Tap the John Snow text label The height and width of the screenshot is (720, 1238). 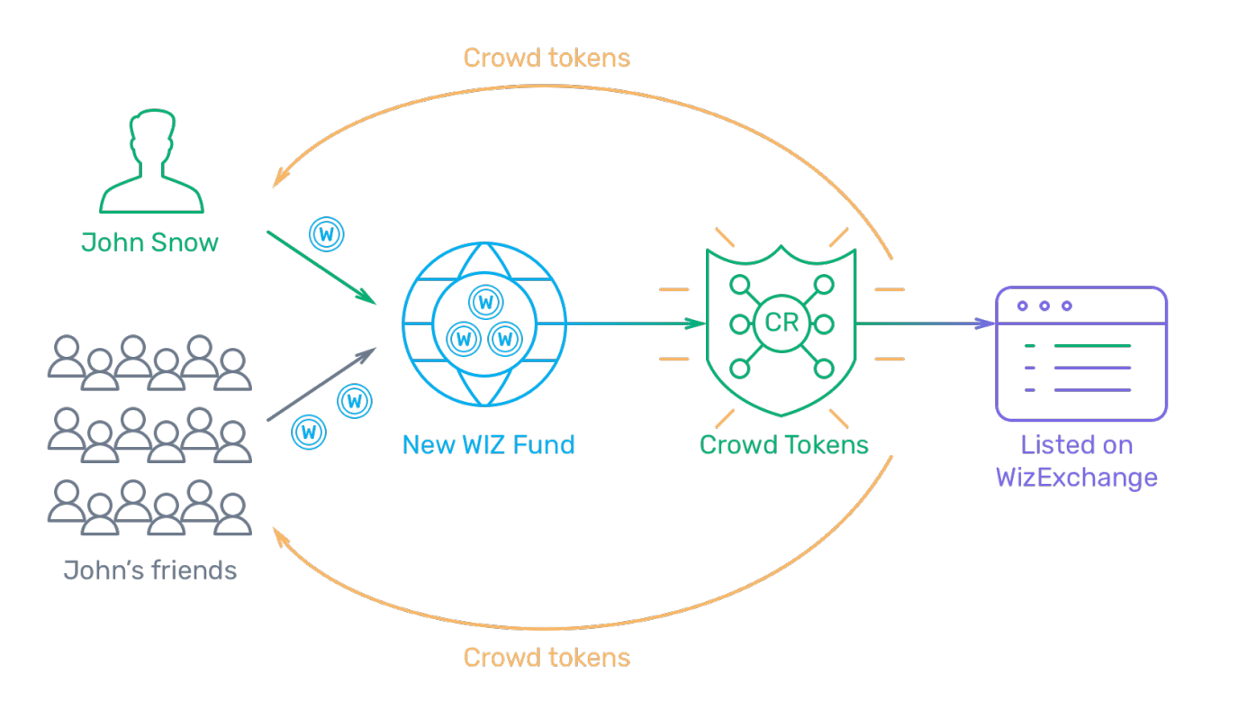149,242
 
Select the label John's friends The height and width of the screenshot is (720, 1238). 149,570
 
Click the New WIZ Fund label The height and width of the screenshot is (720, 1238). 489,444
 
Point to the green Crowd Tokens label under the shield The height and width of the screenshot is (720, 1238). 783,444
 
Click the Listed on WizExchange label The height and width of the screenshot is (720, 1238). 1077,461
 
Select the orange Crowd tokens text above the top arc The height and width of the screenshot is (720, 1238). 547,58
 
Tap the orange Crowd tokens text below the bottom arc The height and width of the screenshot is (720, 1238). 547,658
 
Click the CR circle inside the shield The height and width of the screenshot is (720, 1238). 782,323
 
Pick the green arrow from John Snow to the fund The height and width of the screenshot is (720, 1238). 321,268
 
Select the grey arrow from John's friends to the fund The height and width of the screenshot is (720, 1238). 321,385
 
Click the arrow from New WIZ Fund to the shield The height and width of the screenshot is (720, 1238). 637,323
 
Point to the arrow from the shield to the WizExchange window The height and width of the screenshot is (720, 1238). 926,323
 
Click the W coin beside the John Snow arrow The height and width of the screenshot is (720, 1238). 327,234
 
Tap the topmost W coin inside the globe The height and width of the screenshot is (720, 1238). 486,302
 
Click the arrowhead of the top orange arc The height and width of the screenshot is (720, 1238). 281,176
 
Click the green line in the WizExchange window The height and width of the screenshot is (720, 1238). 1092,346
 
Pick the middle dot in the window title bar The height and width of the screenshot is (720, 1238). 1044,305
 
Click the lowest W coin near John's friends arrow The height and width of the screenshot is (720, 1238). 309,432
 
